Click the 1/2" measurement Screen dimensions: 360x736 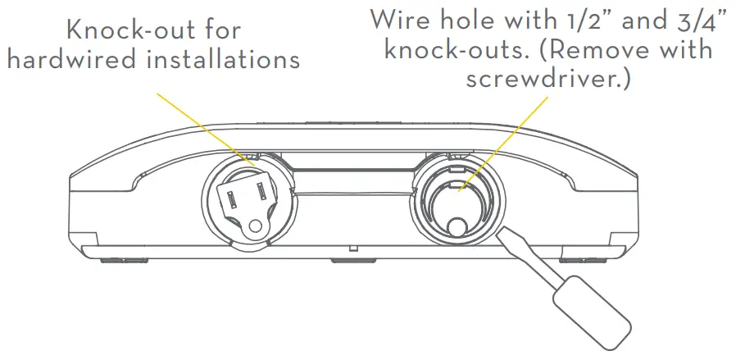[x=597, y=18]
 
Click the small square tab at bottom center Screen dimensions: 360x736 [x=352, y=246]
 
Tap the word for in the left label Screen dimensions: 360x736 [x=219, y=30]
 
